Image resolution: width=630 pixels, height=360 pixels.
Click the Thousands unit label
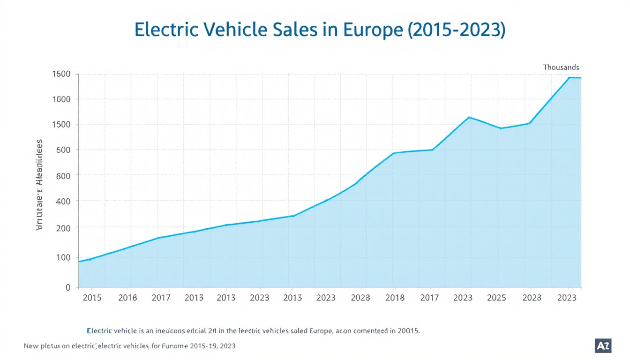tap(561, 67)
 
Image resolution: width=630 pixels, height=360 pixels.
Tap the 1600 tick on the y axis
tap(62, 74)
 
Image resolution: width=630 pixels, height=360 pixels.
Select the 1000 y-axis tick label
tap(62, 99)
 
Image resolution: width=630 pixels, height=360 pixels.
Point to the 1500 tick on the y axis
tap(62, 125)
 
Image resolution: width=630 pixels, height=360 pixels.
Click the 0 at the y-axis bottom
tap(68, 287)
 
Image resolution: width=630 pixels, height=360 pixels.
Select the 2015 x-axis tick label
tap(92, 298)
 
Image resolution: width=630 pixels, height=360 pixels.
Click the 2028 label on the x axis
tap(360, 298)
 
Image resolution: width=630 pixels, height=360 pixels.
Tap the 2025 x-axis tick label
tap(496, 298)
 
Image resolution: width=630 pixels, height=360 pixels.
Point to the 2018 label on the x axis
tap(395, 298)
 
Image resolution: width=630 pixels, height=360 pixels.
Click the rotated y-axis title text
tap(39, 186)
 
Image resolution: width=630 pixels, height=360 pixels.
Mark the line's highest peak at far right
tap(570, 78)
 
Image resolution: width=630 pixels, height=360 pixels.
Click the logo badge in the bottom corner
tap(602, 345)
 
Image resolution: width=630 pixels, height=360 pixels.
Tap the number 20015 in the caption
tap(407, 330)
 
